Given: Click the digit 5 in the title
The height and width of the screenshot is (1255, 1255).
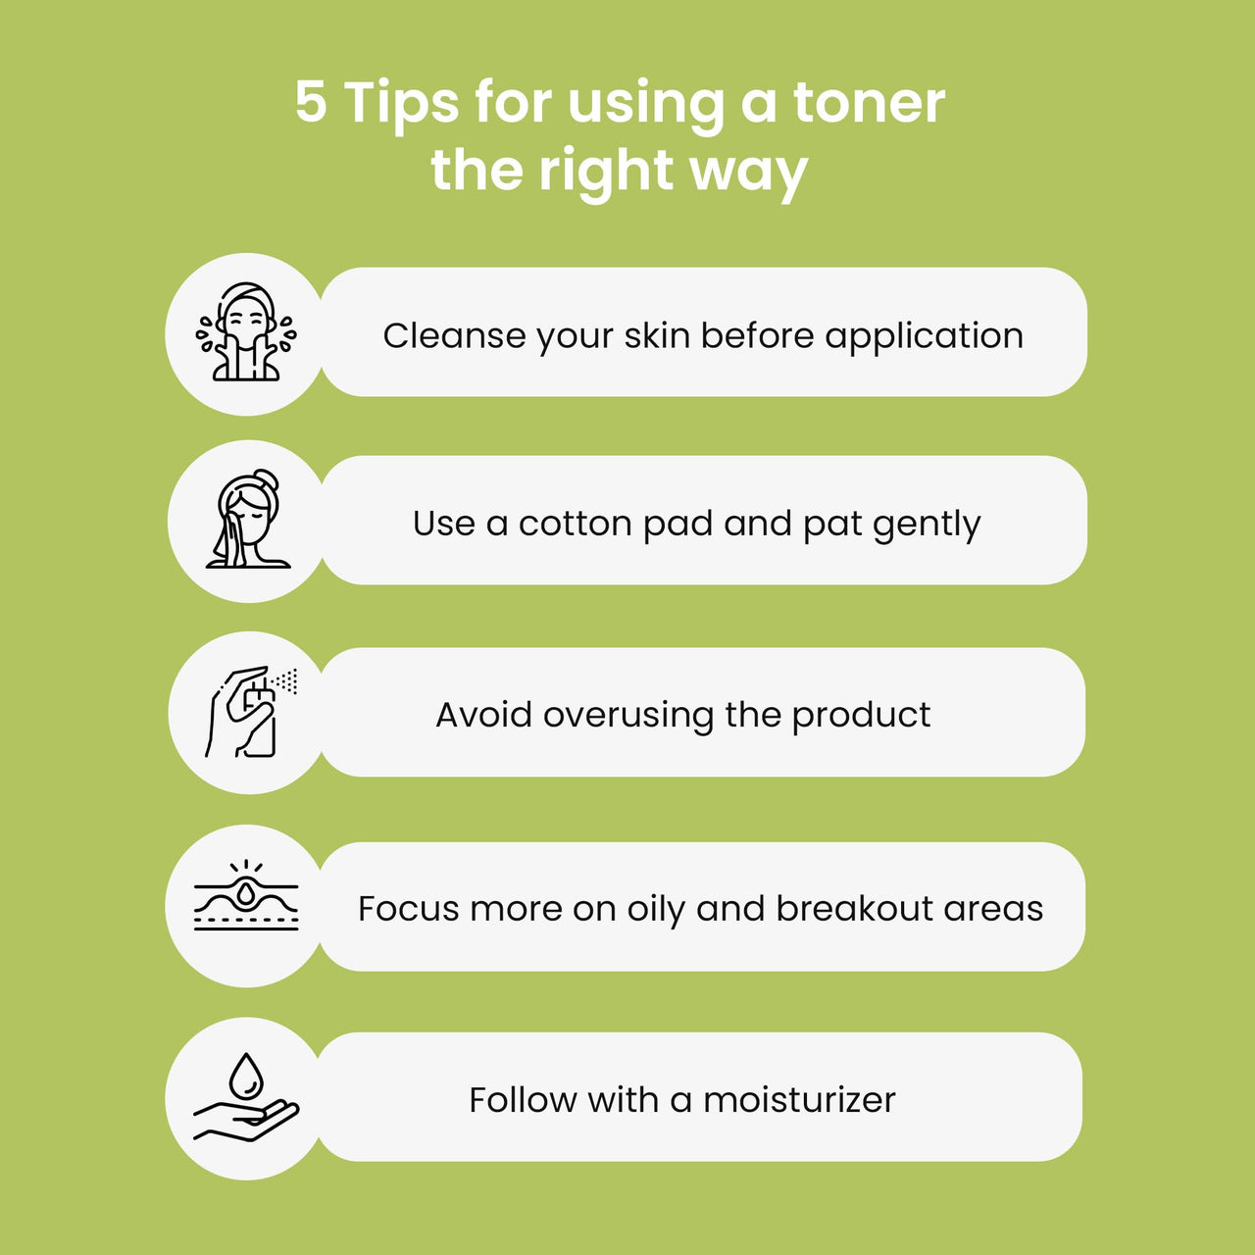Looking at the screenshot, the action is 311,102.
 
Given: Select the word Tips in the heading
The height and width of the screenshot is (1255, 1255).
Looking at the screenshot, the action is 401,104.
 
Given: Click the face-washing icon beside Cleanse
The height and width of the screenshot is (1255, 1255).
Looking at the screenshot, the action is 246,331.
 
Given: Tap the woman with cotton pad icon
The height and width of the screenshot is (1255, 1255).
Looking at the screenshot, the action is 248,519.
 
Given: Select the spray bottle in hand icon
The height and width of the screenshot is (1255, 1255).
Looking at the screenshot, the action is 251,711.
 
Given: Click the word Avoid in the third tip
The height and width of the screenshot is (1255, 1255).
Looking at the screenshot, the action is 484,715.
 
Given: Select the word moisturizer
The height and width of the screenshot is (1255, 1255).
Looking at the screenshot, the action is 799,1100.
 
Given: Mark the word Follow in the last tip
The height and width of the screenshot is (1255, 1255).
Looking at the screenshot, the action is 523,1100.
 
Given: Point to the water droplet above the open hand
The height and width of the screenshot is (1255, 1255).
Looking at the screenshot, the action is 246,1076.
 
